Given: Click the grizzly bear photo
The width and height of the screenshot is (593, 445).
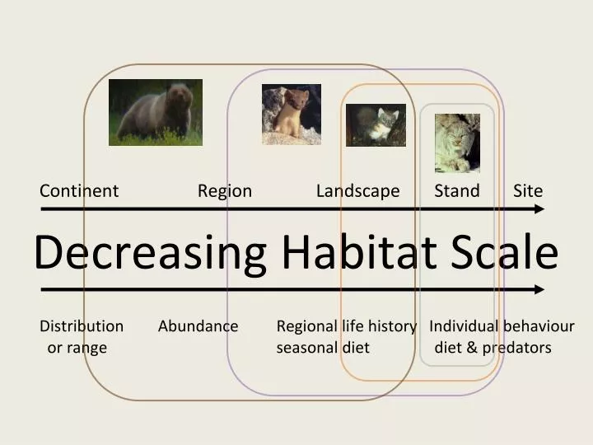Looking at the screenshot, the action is (156, 112).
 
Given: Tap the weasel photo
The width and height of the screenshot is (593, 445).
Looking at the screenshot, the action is (292, 115).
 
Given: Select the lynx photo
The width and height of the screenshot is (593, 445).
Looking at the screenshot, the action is (457, 143).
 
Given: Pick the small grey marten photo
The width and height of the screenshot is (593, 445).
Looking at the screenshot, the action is (376, 125).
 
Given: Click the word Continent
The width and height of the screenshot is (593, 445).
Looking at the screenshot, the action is (79, 190).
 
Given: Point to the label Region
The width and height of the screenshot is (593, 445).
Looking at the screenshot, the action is (225, 191).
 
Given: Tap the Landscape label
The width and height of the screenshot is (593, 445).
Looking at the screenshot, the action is (357, 191).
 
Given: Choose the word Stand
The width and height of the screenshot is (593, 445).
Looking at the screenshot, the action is (457, 190).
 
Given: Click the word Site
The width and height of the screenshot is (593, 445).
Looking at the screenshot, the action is (528, 190).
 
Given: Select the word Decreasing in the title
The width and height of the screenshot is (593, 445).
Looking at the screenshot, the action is (150, 252).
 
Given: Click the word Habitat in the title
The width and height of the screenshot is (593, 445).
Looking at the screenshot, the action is (359, 251).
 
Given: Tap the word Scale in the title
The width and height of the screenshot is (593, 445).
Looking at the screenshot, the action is (505, 251).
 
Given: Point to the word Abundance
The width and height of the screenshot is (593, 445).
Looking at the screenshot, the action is (198, 326).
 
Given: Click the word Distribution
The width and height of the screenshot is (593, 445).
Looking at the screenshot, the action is (82, 326).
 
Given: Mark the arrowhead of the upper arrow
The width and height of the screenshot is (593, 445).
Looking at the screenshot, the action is (539, 208).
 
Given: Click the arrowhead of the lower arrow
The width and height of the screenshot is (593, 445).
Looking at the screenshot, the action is (539, 290).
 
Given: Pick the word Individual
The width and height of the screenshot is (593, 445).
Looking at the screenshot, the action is (464, 326).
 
